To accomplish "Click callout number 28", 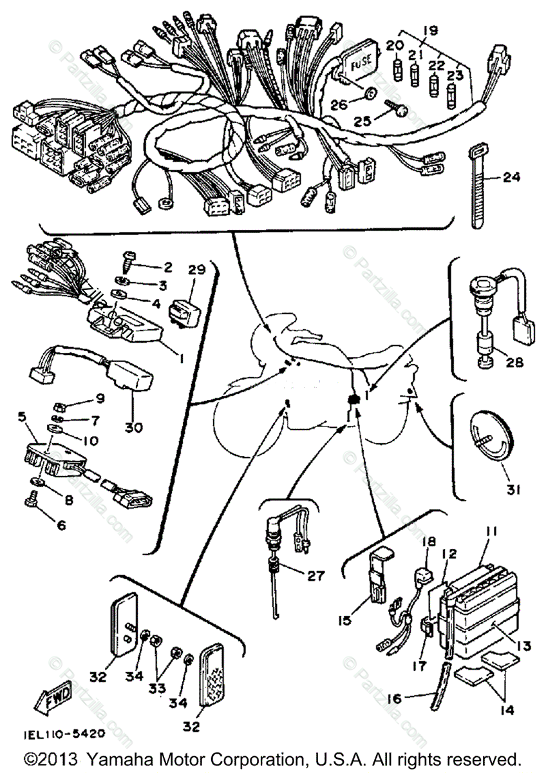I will click(513, 363).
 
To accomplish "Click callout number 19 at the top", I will click(430, 30).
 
